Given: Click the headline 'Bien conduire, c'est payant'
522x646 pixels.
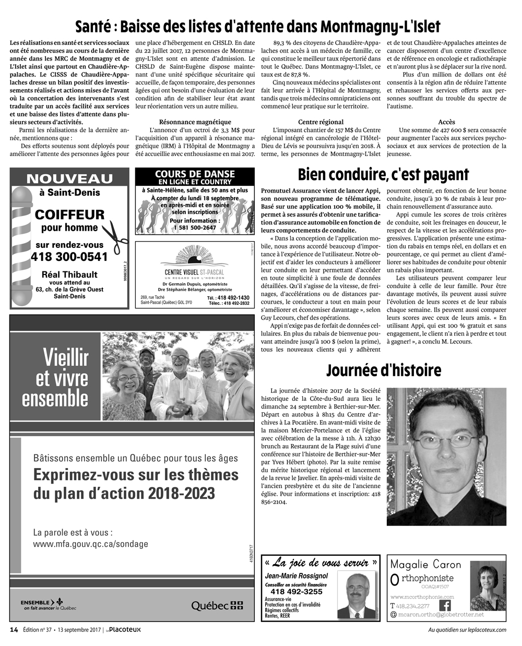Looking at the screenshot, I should pos(383,174).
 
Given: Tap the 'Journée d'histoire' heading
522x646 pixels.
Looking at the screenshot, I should pos(383,370).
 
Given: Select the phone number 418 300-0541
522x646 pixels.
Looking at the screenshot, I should pos(69,257).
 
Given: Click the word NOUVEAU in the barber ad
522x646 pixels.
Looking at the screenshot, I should pos(69,179).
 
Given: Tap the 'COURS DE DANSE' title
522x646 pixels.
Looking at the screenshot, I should pos(195,174).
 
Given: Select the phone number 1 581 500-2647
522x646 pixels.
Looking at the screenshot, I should pos(195,228).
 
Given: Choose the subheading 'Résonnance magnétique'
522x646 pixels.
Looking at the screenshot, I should pos(195,122).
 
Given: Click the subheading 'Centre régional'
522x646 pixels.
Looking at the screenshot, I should pos(321,122).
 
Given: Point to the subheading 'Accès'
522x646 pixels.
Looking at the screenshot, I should pos(446,122).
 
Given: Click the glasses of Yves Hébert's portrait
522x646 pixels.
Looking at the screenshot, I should pos(446,438).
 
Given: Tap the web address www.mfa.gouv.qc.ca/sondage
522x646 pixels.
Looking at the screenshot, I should pos(90,544).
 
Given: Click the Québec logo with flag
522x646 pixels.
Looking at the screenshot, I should pos(217,605).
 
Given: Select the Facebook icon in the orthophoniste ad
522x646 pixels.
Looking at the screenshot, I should pos(445,606).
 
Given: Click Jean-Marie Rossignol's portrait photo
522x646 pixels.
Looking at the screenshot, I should pos(356,595).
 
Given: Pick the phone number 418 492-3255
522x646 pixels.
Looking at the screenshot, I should pos(296,591).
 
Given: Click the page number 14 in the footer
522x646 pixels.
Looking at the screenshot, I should pos(14,629).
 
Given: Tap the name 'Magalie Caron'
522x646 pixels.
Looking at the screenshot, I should pos(425,565).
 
